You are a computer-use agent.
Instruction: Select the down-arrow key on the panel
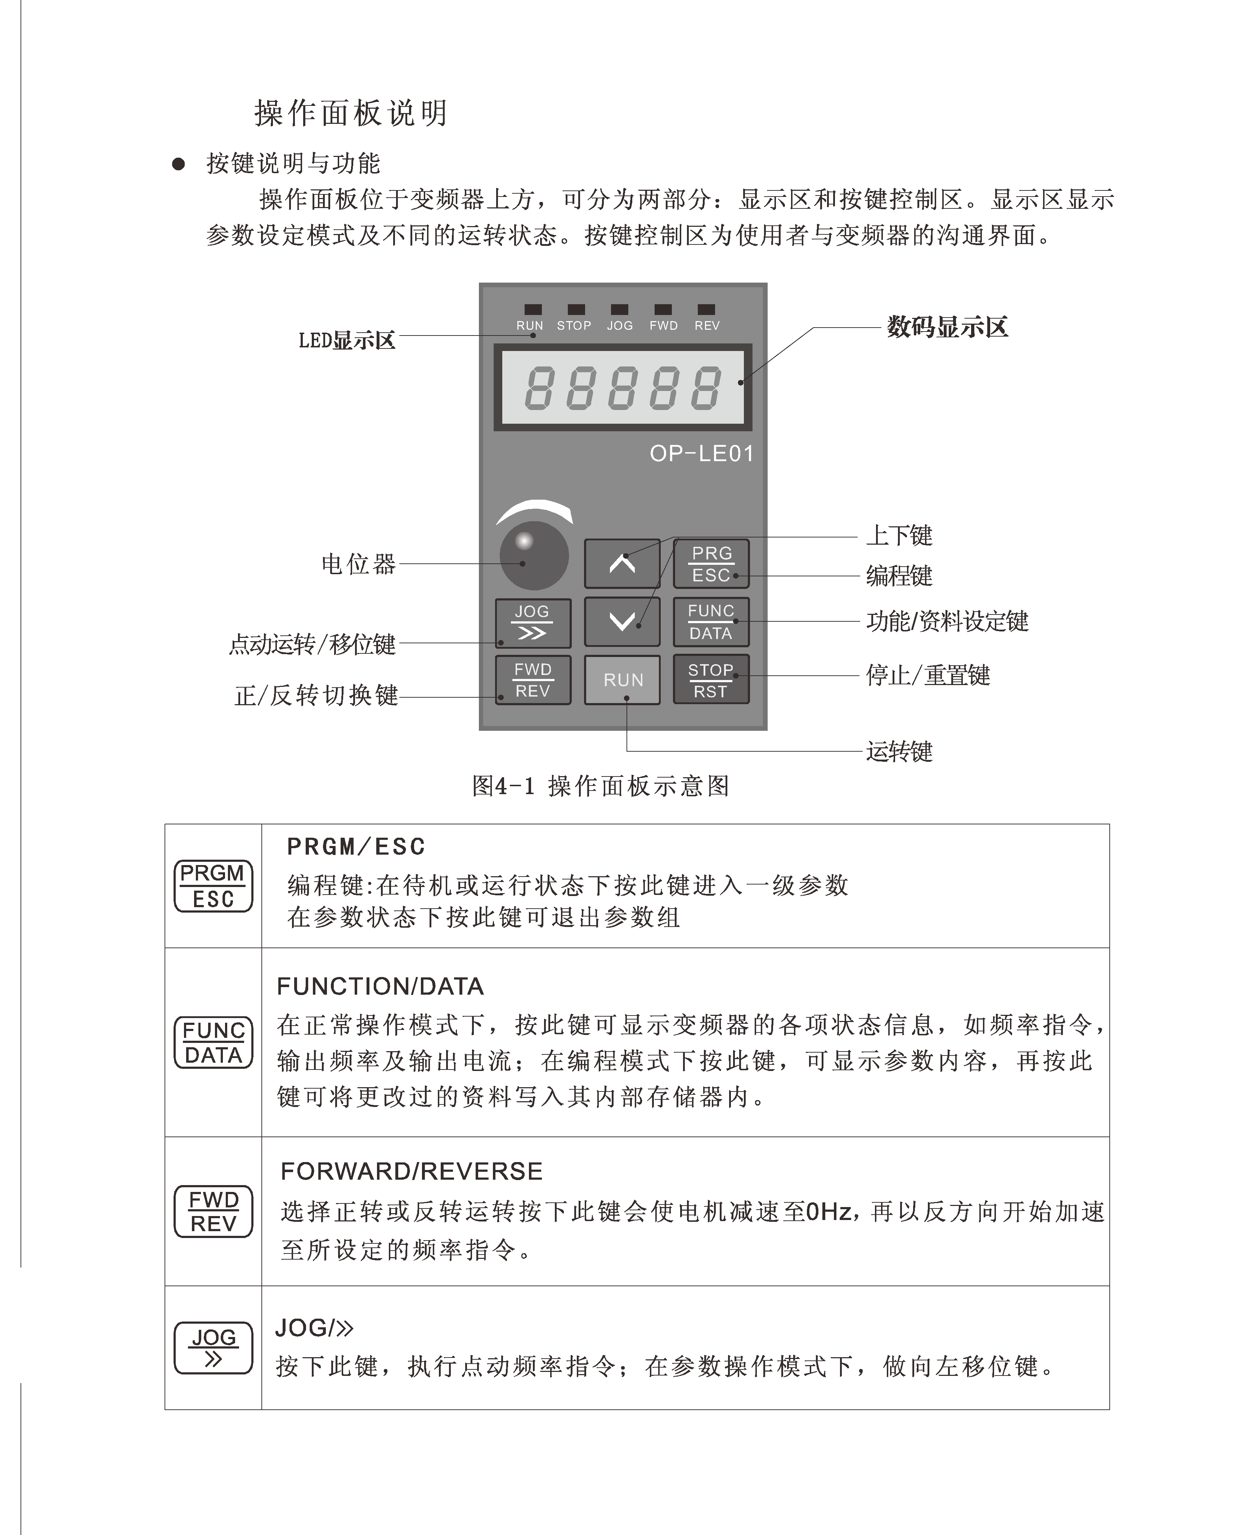pyautogui.click(x=622, y=621)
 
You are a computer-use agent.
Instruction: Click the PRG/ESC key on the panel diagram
pyautogui.click(x=711, y=564)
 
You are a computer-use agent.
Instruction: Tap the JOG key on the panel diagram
pyautogui.click(x=533, y=622)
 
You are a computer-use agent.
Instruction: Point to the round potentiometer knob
pyautogui.click(x=534, y=556)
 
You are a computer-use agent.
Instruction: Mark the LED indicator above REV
pyautogui.click(x=707, y=310)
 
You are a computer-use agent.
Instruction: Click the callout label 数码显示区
pyautogui.click(x=947, y=327)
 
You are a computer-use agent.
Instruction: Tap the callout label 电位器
pyautogui.click(x=359, y=564)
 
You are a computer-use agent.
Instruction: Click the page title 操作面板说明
pyautogui.click(x=351, y=113)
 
